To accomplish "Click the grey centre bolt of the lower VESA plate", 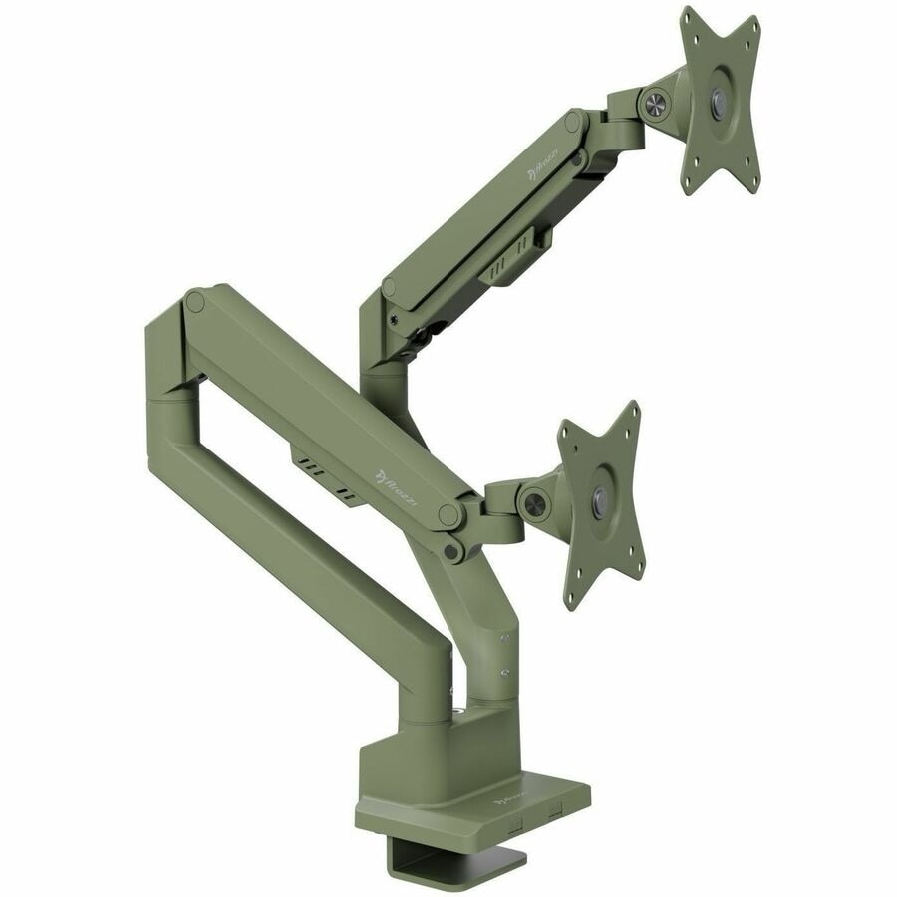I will click(x=599, y=500).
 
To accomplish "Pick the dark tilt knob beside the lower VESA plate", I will click(x=532, y=495).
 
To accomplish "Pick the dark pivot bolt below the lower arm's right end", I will click(x=453, y=549).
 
